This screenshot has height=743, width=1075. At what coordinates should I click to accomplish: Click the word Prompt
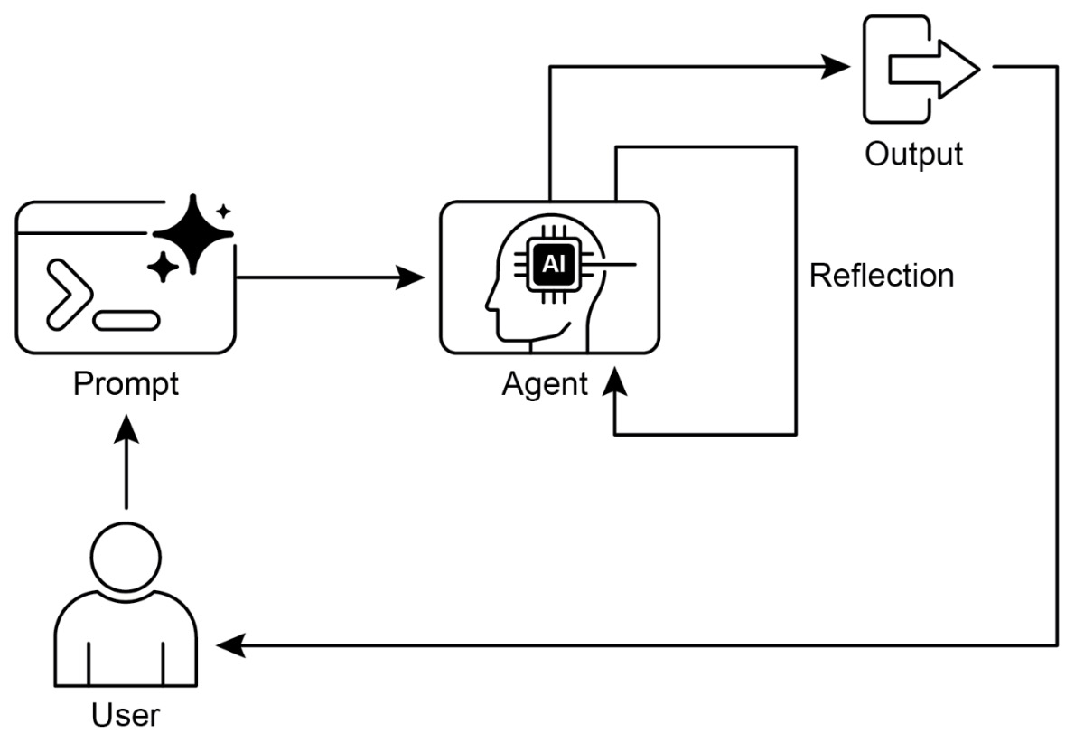[126, 384]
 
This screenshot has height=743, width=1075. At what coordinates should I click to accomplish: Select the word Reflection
[881, 275]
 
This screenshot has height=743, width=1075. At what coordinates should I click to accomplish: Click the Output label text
[913, 154]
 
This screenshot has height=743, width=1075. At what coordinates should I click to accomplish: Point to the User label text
[126, 716]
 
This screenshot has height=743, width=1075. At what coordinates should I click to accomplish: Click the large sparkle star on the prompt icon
[193, 233]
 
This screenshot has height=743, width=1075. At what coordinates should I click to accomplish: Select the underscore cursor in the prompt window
[126, 319]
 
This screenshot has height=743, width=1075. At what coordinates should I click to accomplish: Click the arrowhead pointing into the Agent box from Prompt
[412, 277]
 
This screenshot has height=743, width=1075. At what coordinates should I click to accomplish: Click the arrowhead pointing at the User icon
[230, 645]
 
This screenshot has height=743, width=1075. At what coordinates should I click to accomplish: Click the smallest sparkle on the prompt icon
[224, 212]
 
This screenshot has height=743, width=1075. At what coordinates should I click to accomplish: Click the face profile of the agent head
[498, 298]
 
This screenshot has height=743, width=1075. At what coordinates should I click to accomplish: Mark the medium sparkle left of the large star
[163, 267]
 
